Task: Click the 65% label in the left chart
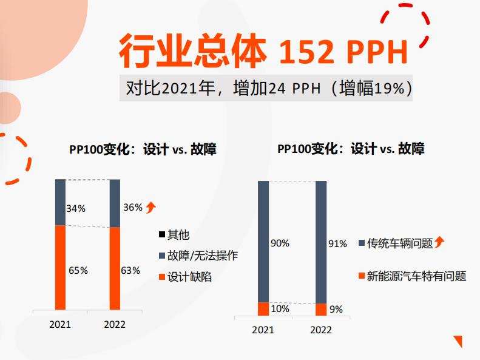coord(78,271)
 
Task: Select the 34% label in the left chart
coord(76,208)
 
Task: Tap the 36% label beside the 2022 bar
coord(132,207)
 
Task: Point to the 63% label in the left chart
coord(130,270)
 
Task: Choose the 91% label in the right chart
coord(337,243)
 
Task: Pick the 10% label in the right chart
coord(280,308)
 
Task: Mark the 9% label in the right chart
coord(336,309)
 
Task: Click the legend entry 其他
coord(178,235)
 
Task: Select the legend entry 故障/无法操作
coord(203,256)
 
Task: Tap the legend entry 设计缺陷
coord(190,277)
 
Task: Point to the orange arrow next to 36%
coord(151,207)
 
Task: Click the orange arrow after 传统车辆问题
coord(439,243)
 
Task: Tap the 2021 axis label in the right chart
coord(263,330)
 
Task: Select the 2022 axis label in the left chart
coord(115,324)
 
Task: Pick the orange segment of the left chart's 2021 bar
coord(60,267)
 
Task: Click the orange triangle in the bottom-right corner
coord(458,341)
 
